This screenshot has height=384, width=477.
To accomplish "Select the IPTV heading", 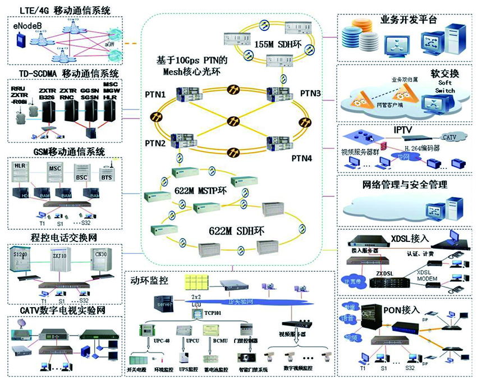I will pos(406,130).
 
